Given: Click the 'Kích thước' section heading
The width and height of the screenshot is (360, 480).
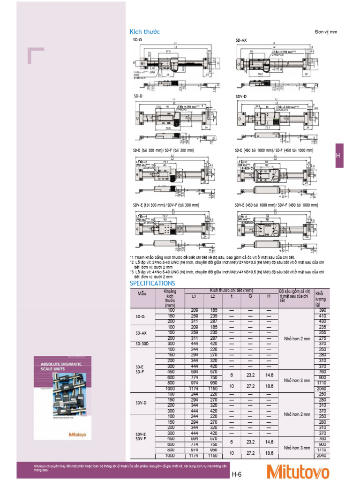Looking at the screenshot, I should point(144,32).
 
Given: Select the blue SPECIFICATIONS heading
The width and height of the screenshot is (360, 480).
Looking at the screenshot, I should point(152,283).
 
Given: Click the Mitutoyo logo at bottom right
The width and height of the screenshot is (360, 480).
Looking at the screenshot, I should point(298,471).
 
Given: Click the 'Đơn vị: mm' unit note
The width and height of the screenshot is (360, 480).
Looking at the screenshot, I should point(326,32).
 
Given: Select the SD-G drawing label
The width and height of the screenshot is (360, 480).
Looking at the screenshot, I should point(137,41).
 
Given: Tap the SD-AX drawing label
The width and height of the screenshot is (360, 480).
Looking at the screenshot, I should point(241,41).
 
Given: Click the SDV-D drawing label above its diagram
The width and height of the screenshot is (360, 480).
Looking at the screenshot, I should point(240,96).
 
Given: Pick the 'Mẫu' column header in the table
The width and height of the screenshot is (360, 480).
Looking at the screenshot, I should point(142,294).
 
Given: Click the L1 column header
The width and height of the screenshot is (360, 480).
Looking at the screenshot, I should point(195,297).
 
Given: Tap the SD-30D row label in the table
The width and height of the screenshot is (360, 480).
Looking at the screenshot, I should point(142,344).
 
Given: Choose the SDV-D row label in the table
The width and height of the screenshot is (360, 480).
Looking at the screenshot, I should point(142,403).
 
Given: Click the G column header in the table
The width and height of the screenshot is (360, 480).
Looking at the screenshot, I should point(250,297).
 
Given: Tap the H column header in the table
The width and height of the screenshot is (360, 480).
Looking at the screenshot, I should point(269,297).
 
